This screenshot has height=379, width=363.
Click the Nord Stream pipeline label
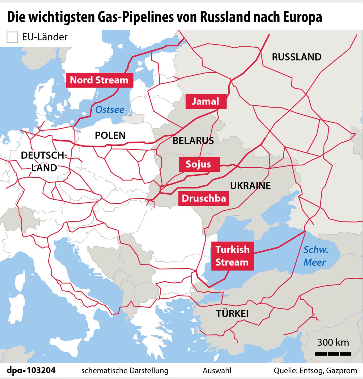(x=99, y=80)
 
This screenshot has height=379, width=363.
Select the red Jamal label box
(x=206, y=101)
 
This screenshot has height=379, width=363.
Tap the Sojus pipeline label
(x=199, y=164)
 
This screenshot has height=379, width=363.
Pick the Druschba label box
(x=204, y=198)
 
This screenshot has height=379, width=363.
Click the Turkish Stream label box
(x=232, y=256)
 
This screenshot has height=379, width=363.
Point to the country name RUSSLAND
(x=296, y=57)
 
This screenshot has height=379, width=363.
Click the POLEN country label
(x=110, y=136)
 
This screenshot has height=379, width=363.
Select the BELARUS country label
(x=193, y=141)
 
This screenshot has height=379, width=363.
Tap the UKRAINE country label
(x=250, y=186)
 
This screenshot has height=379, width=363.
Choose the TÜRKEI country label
(x=232, y=314)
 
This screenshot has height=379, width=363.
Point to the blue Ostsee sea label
(x=110, y=110)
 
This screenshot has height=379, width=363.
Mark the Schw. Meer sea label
(x=315, y=256)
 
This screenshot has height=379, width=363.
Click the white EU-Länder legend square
(x=12, y=37)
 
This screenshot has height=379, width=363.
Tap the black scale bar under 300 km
(x=333, y=354)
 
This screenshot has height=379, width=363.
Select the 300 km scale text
(x=333, y=343)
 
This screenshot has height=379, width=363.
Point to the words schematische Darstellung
(x=125, y=371)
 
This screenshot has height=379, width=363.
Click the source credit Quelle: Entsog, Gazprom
(x=315, y=371)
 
